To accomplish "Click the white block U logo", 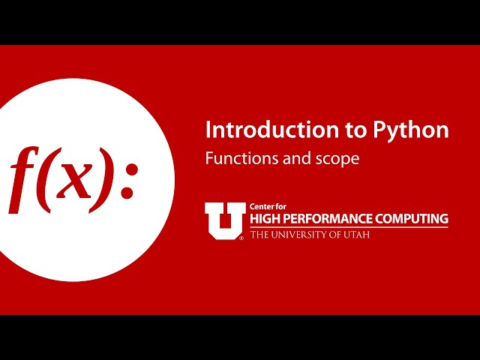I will [224, 220].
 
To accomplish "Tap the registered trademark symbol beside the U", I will [241, 238].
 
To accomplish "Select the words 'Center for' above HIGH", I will [268, 207].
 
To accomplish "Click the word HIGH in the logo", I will [265, 219].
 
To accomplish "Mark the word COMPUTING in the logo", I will [413, 219].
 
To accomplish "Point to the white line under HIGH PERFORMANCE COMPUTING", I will [349, 227].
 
